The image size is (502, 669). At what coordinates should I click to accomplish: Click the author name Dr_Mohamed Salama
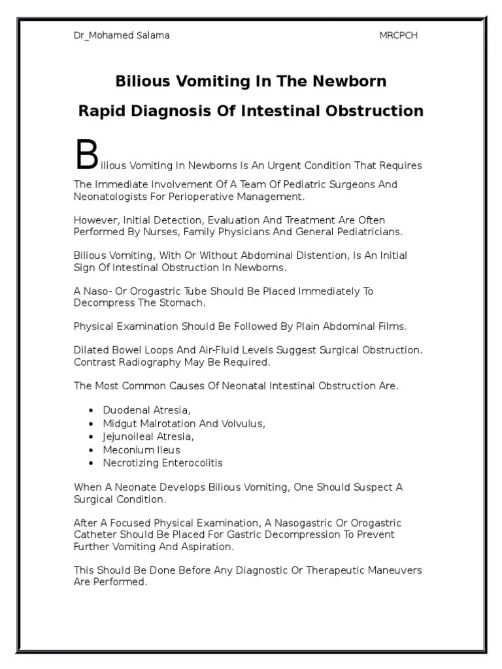click(121, 35)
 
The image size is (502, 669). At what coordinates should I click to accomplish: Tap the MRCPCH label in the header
click(398, 35)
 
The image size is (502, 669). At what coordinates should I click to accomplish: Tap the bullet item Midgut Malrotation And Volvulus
click(184, 423)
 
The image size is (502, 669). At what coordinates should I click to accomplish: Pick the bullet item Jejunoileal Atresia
click(148, 436)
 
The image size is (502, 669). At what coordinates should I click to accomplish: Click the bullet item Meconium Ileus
click(141, 450)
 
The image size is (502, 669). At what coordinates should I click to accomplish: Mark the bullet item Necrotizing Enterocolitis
click(163, 463)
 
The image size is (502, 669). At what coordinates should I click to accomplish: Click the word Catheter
click(95, 535)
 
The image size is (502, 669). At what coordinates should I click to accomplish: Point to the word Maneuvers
click(393, 570)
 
